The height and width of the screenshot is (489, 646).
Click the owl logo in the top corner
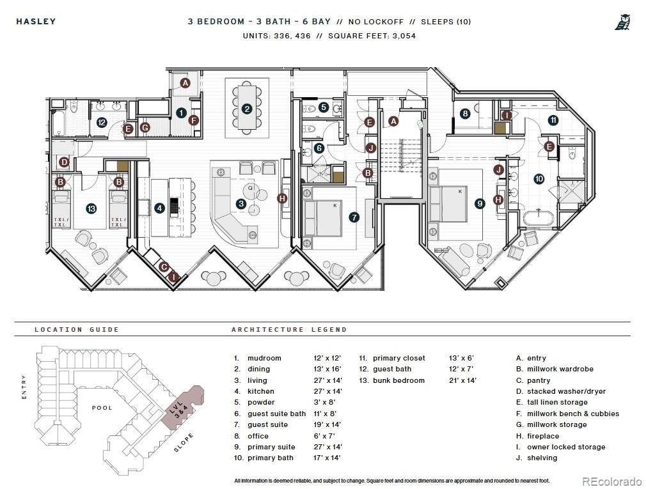(x=622, y=22)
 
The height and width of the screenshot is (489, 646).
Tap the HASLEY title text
(x=36, y=21)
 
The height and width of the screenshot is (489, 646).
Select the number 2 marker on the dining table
(x=247, y=109)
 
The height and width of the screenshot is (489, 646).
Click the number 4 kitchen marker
(x=159, y=208)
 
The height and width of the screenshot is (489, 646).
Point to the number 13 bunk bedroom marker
(x=91, y=208)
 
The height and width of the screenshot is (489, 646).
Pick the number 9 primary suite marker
(x=480, y=203)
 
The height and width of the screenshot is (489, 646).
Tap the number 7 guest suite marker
(x=354, y=217)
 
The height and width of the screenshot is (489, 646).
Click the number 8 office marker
(x=465, y=114)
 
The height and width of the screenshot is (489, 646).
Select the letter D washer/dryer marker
(x=64, y=162)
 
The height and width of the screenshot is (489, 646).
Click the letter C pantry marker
(x=164, y=267)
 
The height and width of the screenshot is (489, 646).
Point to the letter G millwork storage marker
(x=145, y=128)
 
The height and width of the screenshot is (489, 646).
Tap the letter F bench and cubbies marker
(x=194, y=120)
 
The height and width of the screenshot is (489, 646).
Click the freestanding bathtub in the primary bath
(x=539, y=218)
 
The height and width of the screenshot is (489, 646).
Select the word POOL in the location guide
(x=102, y=408)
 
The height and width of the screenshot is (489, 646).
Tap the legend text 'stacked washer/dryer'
(x=567, y=391)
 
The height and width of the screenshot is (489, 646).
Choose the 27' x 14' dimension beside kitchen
(x=327, y=391)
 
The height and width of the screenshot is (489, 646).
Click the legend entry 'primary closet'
(x=399, y=358)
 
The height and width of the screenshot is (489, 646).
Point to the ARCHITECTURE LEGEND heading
(x=289, y=329)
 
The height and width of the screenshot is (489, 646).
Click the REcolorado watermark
(x=611, y=481)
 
